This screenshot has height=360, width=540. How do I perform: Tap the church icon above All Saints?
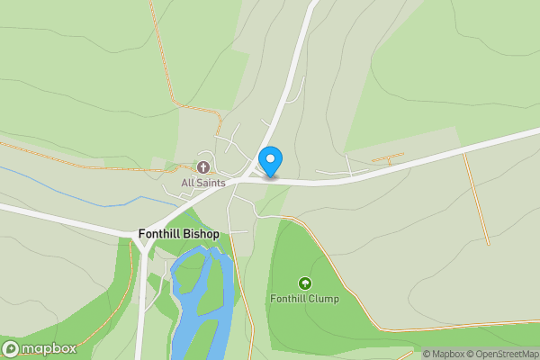203,167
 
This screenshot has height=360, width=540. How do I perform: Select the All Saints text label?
203,183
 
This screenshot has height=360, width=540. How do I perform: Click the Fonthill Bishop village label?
179,234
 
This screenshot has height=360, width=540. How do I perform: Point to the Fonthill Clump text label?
304,298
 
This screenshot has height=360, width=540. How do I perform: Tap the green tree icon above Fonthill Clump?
304,283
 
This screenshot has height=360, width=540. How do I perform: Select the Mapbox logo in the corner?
40,348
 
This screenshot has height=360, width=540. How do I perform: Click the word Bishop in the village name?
201,234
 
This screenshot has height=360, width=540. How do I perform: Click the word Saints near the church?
211,183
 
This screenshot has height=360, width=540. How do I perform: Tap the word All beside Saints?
187,183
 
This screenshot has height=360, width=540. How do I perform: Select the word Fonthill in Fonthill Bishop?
159,234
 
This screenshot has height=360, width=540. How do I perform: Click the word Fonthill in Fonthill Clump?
289,298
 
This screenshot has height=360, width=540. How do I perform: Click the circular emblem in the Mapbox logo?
12,348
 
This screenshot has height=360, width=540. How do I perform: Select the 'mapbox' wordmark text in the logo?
49,348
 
